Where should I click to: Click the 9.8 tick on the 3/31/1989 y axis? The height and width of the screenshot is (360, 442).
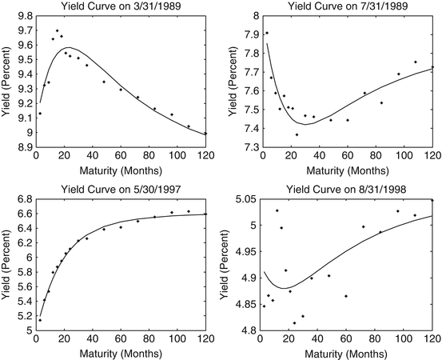point(23,16)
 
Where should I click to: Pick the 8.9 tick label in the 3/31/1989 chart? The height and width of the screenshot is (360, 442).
point(23,148)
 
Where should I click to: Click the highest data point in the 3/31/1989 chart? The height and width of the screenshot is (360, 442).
point(57,30)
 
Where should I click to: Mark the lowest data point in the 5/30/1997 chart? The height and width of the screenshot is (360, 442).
point(40,320)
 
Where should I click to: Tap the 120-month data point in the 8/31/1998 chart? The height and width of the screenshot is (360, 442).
point(432,200)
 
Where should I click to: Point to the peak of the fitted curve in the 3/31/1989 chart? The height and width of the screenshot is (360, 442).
point(69,48)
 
